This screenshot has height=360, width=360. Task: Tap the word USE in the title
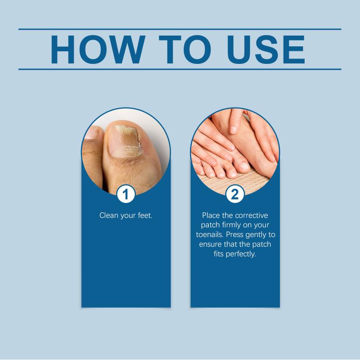(x=266, y=49)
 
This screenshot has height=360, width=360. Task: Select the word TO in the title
(x=185, y=49)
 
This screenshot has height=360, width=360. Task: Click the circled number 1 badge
(x=126, y=194)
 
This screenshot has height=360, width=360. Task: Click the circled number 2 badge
(x=235, y=194)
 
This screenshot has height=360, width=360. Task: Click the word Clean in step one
(x=109, y=216)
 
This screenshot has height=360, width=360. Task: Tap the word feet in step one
(x=144, y=216)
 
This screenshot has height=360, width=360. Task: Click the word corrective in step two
(x=252, y=216)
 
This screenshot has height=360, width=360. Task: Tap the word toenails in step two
(x=210, y=234)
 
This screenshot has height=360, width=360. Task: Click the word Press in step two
(x=234, y=234)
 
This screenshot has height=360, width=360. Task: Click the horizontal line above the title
(x=180, y=29)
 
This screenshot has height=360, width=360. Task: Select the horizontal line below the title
(x=180, y=69)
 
